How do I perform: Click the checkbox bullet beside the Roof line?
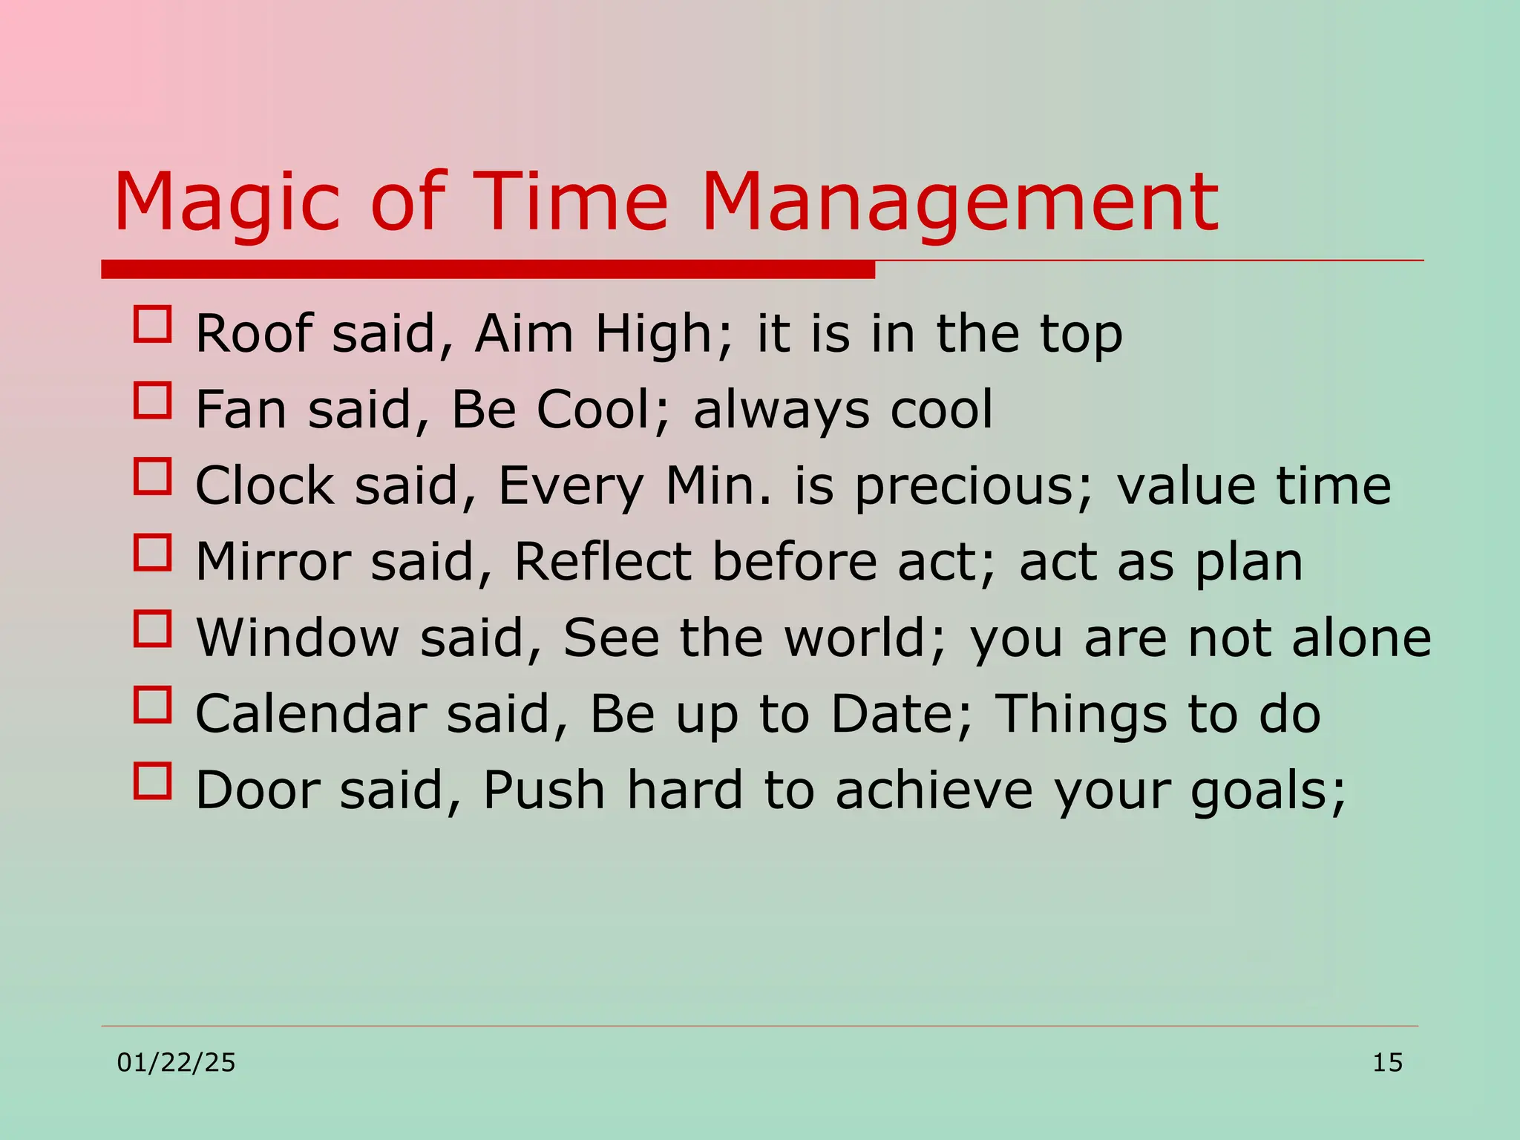(152, 324)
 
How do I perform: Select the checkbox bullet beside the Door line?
(152, 781)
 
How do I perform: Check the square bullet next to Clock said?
(152, 476)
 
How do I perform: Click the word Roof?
(253, 333)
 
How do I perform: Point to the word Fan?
(240, 410)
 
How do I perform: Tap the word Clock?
(263, 485)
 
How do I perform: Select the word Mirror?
(272, 562)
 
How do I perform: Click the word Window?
(297, 638)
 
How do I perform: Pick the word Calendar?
(310, 714)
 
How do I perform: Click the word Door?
(257, 790)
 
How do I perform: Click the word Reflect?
(602, 562)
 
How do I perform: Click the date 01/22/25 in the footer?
(176, 1063)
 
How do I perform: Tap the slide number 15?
(1386, 1063)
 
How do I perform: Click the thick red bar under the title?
(488, 269)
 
